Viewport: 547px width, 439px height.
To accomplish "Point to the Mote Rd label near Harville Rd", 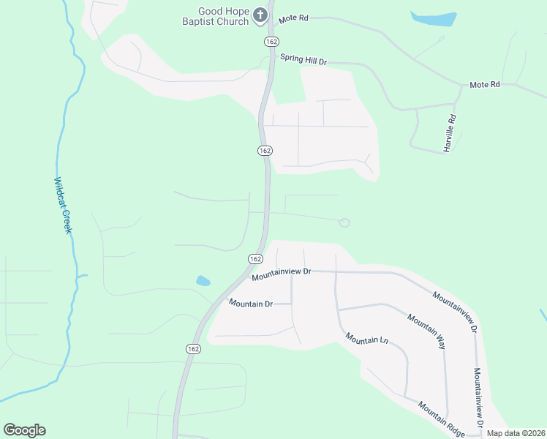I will [x=484, y=85].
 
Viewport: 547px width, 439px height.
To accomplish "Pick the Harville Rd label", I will [x=450, y=133].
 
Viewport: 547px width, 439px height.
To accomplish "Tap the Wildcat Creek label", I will [x=63, y=205].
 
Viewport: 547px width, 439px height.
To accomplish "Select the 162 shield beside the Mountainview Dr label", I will [x=255, y=259].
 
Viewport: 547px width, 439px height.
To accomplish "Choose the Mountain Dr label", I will [x=250, y=303].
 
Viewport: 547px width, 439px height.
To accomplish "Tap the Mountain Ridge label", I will [x=441, y=419].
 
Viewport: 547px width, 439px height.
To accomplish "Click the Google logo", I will [x=24, y=430].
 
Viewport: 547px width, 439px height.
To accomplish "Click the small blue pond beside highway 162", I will [x=203, y=280].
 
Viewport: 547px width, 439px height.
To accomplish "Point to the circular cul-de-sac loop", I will [x=344, y=222].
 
